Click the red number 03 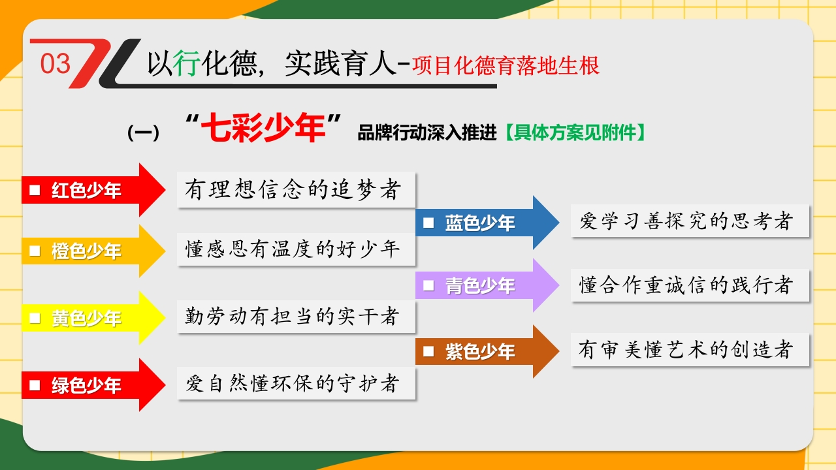[x=56, y=63]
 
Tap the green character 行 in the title [x=187, y=63]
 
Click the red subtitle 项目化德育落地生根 [x=506, y=66]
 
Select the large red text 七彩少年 [x=263, y=127]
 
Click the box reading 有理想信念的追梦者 [x=296, y=189]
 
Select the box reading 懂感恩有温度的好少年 [x=296, y=249]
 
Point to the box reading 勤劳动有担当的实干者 [x=296, y=317]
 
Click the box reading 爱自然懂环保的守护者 [x=296, y=383]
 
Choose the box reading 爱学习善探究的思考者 [x=690, y=221]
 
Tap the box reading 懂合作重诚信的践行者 [x=690, y=285]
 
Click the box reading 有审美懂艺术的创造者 [x=690, y=349]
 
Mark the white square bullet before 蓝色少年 [x=428, y=223]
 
